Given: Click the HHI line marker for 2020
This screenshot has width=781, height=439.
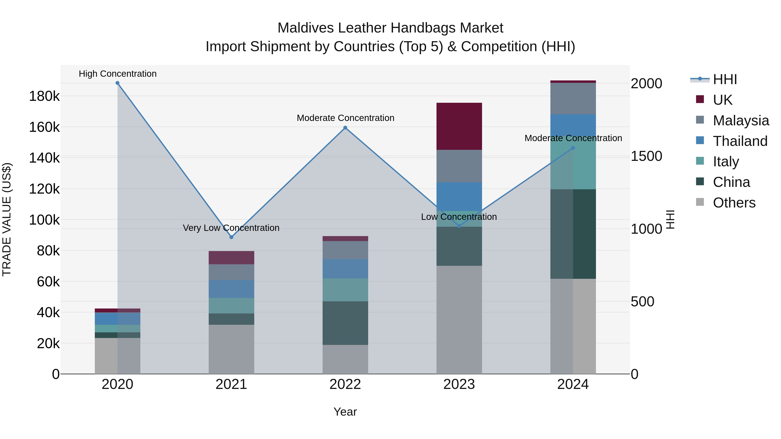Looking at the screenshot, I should click(x=118, y=83).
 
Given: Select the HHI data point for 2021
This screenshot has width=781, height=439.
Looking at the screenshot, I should click(x=231, y=237).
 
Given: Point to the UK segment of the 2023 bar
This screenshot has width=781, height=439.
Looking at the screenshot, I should click(x=459, y=126).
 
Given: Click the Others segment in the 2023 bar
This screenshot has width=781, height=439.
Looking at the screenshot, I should click(x=459, y=320).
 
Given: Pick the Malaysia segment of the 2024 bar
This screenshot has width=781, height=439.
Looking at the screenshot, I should click(x=573, y=98).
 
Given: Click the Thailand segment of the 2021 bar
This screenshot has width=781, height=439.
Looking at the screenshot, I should click(x=231, y=289).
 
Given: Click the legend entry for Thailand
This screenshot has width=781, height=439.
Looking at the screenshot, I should click(x=740, y=141).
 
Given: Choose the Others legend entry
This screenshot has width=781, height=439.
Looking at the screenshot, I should click(x=734, y=203).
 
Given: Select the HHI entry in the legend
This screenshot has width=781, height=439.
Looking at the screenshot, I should click(x=725, y=79).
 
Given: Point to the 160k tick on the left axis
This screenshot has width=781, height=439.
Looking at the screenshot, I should click(x=44, y=127).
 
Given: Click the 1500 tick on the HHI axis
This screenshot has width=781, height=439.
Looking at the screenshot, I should click(x=646, y=156).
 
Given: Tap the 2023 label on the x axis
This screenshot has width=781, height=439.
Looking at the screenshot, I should click(x=459, y=384).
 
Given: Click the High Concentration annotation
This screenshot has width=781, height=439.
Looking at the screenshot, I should click(x=118, y=74).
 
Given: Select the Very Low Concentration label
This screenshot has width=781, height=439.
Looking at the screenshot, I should click(x=231, y=228).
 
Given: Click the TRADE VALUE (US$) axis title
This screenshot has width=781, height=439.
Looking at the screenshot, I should click(x=7, y=219).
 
